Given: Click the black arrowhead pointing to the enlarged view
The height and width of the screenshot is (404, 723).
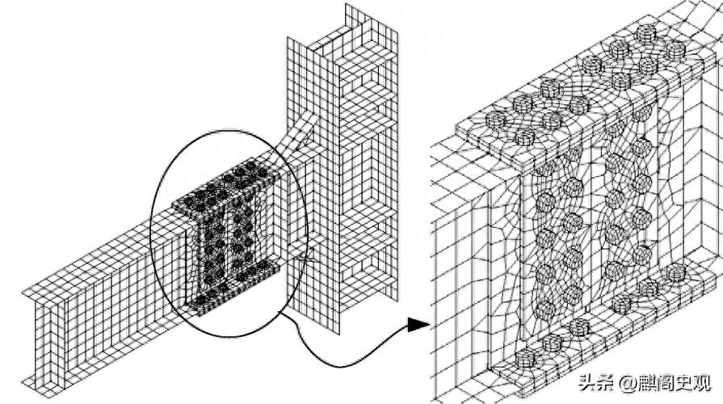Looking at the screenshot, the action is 418,324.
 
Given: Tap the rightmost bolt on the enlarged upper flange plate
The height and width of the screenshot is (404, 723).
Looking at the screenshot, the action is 674,48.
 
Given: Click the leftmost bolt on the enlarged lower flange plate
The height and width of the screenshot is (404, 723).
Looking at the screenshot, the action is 524,358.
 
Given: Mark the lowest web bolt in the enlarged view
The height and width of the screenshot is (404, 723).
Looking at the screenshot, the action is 545,310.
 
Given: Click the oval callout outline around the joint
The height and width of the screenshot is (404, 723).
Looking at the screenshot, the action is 152,234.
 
